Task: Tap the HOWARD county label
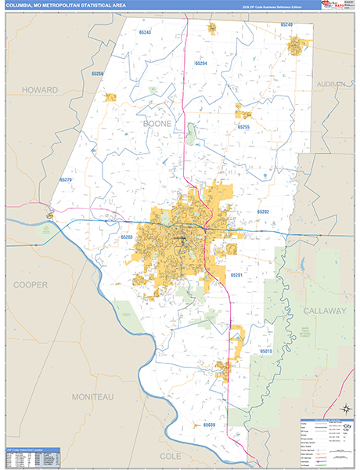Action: click(40, 90)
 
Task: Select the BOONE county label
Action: click(157, 124)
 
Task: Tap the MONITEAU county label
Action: click(92, 397)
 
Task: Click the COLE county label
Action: click(170, 454)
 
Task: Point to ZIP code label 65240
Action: click(286, 25)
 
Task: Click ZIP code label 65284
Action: click(200, 63)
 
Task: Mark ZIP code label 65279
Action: click(66, 179)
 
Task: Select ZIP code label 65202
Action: click(263, 212)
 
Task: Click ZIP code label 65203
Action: click(127, 236)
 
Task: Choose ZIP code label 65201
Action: click(236, 275)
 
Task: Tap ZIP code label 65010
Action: click(265, 352)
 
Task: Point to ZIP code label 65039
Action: click(210, 425)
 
